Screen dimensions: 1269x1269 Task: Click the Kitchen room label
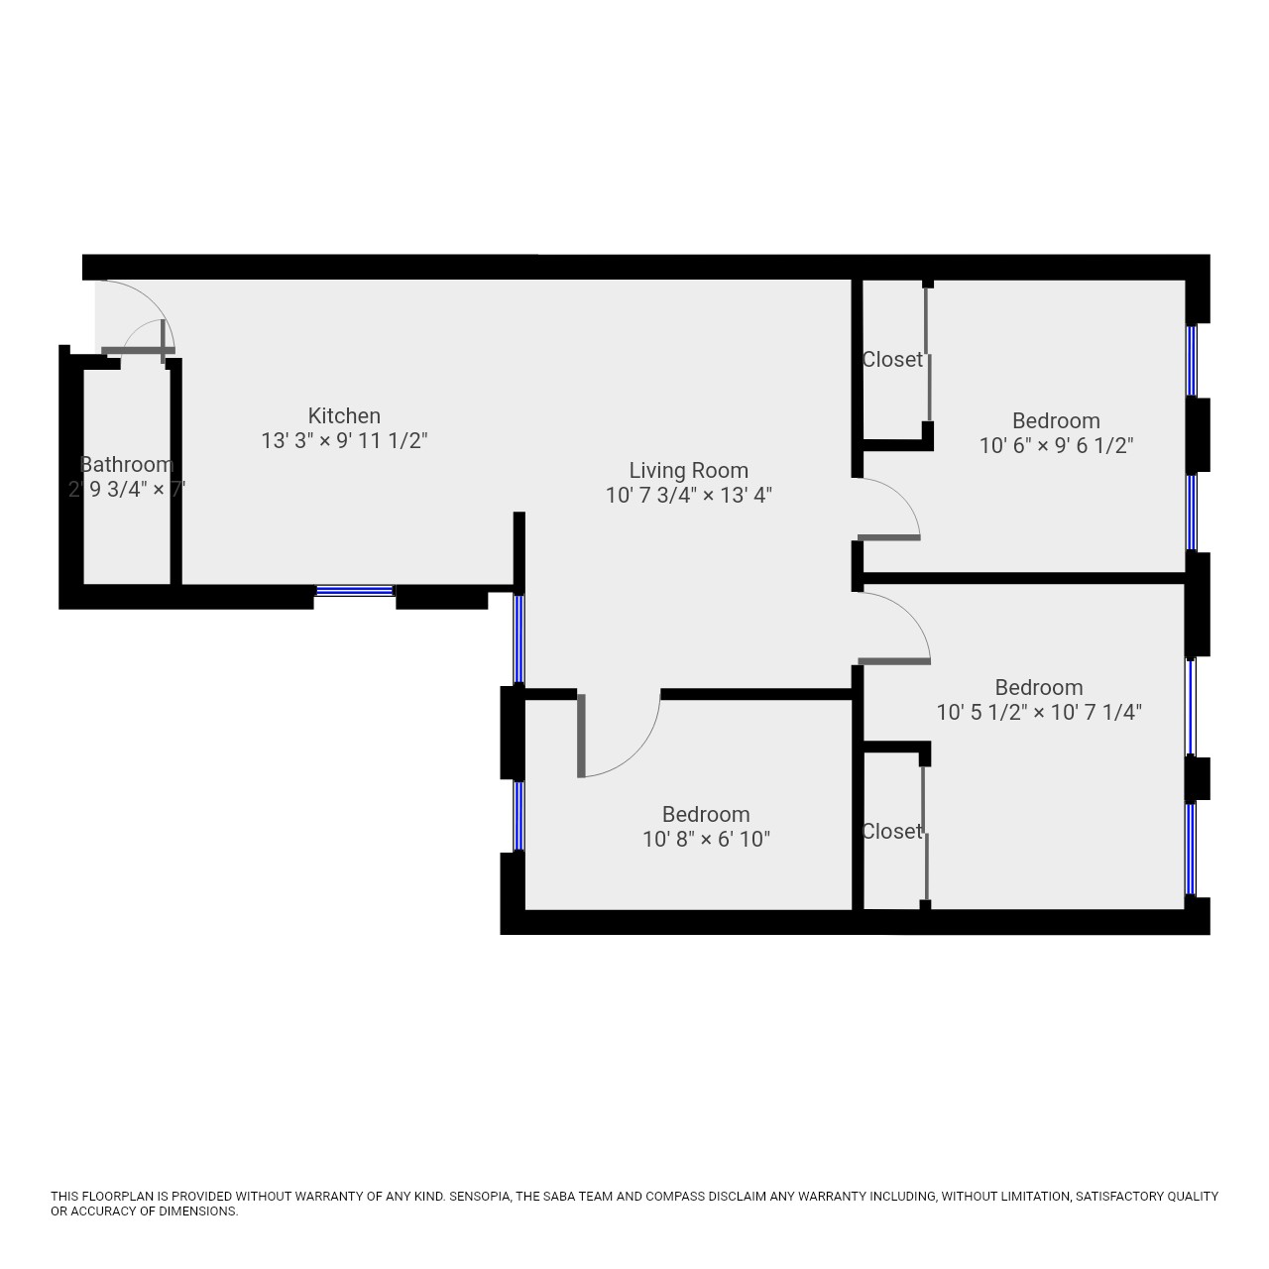pyautogui.click(x=344, y=415)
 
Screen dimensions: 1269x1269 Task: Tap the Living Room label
pyautogui.click(x=688, y=470)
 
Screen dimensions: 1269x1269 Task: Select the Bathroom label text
pyautogui.click(x=127, y=464)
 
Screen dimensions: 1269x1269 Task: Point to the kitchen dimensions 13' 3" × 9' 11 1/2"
pyautogui.click(x=344, y=440)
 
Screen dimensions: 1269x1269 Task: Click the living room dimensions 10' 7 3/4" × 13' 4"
pyautogui.click(x=688, y=496)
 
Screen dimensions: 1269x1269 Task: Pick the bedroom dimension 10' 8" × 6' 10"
pyautogui.click(x=706, y=839)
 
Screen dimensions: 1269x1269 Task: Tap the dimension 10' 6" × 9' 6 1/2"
pyautogui.click(x=1056, y=446)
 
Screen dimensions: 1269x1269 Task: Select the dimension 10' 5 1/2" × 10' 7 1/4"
pyautogui.click(x=1039, y=712)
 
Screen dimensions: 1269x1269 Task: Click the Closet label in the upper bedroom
pyautogui.click(x=891, y=359)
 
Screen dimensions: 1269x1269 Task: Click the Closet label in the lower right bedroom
pyautogui.click(x=891, y=831)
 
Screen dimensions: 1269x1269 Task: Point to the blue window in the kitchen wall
pyautogui.click(x=354, y=591)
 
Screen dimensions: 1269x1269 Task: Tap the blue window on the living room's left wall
pyautogui.click(x=519, y=638)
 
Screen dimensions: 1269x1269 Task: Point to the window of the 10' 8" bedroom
pyautogui.click(x=519, y=816)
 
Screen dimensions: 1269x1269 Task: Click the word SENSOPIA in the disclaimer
pyautogui.click(x=480, y=1197)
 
